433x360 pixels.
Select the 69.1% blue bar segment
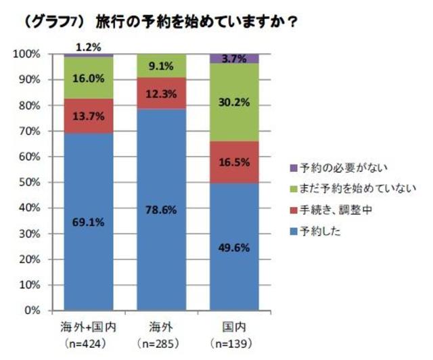89,223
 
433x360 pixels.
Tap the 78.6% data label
163,210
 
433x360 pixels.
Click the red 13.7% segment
89,116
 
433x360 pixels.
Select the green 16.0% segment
89,78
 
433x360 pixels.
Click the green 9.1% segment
163,66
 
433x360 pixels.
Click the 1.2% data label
89,47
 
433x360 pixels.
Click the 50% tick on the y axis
30,183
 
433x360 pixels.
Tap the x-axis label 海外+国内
89,328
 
